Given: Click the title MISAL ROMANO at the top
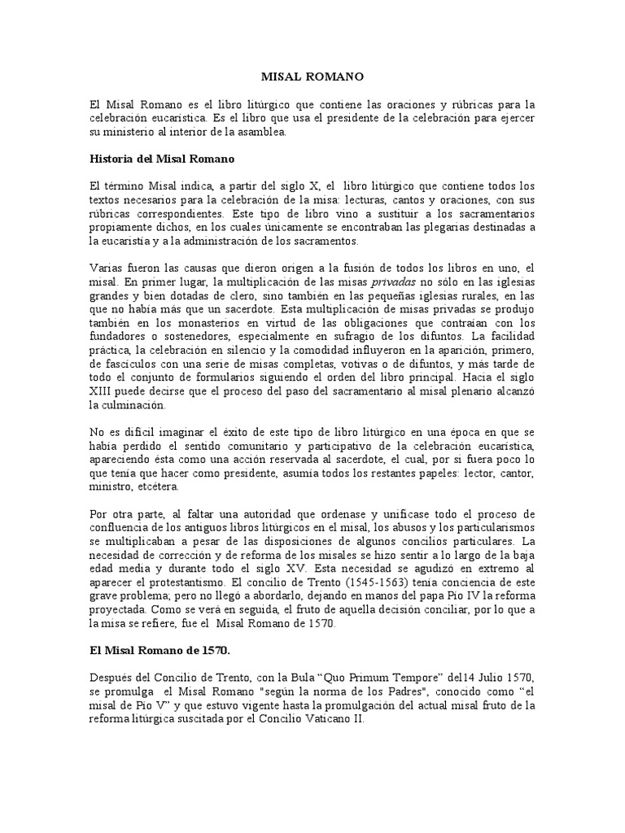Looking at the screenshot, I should [312, 76].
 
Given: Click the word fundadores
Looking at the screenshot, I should [118, 337].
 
